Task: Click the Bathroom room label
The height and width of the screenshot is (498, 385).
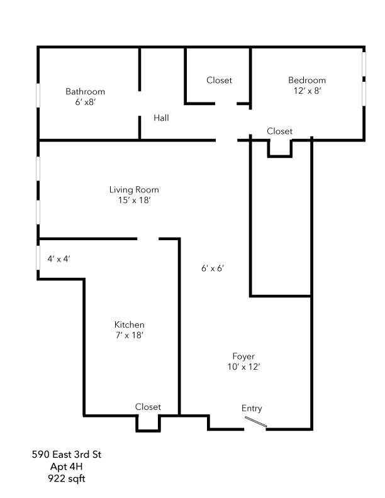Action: [x=85, y=92]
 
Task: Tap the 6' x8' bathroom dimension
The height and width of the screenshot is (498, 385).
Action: [x=85, y=102]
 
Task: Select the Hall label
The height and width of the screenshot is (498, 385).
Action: [x=161, y=118]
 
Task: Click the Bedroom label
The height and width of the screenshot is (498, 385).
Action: [x=307, y=80]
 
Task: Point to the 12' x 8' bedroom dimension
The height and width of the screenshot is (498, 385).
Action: [x=307, y=91]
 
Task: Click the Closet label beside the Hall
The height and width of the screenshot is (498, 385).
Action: [x=219, y=80]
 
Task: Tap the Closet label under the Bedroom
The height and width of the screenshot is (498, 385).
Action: [x=279, y=131]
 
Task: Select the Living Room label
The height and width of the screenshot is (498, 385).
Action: [x=134, y=189]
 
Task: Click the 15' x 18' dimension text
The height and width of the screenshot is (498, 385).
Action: [x=134, y=201]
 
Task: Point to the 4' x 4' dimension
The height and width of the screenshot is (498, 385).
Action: [x=59, y=258]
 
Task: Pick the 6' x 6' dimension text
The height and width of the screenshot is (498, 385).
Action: [x=213, y=268]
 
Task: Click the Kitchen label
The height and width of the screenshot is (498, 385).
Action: [x=129, y=324]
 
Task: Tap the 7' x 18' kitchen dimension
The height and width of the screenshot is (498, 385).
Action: [x=129, y=335]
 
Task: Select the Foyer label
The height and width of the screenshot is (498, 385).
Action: [x=243, y=356]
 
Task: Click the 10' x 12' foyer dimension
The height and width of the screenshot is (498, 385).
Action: [x=243, y=367]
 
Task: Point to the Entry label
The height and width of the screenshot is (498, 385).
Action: [x=252, y=408]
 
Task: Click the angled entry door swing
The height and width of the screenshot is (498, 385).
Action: [x=256, y=424]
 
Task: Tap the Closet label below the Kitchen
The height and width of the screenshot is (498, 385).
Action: [x=148, y=407]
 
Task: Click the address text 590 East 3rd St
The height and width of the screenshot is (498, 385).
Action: [x=66, y=454]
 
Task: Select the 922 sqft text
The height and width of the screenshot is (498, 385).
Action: [x=66, y=479]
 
